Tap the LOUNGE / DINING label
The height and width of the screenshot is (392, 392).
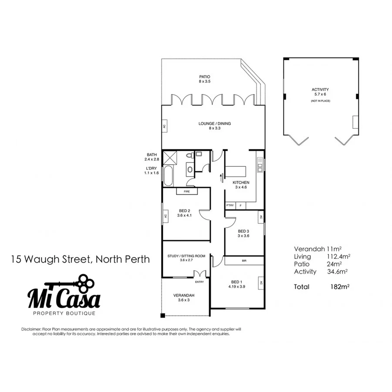[x=215, y=124]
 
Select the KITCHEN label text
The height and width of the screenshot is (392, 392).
[x=241, y=182]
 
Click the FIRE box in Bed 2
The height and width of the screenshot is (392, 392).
[x=186, y=191]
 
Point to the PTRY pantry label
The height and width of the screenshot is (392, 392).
[x=230, y=205]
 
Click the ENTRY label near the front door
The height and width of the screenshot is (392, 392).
[x=199, y=282]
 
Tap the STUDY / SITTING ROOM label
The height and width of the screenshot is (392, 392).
[x=186, y=256]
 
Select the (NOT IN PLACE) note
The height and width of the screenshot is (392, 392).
[x=320, y=101]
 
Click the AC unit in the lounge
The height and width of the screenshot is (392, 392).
[x=164, y=127]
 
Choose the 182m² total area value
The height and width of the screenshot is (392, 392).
[x=341, y=287]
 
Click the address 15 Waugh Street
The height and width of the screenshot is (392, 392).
[x=81, y=260]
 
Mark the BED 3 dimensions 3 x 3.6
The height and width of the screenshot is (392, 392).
[x=243, y=236]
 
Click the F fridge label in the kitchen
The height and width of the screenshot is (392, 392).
[x=240, y=205]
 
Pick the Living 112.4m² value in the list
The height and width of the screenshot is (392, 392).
[x=339, y=257]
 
